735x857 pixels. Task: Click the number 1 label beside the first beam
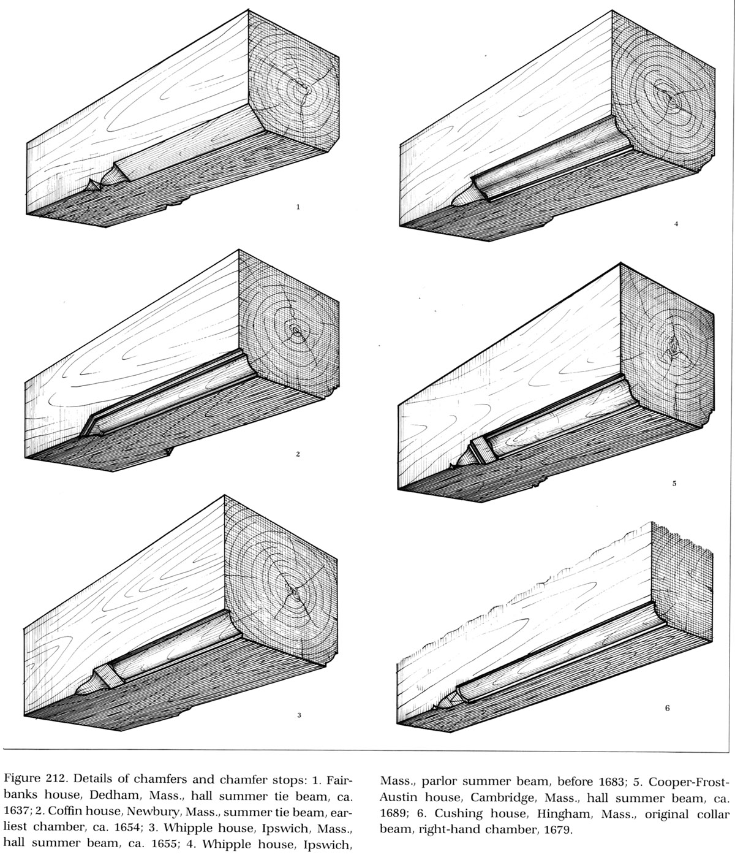[298, 207]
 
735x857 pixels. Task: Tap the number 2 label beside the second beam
[298, 454]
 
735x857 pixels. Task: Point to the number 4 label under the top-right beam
[676, 224]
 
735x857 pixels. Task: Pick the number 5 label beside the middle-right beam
[674, 484]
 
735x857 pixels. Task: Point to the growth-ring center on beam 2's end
[296, 330]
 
